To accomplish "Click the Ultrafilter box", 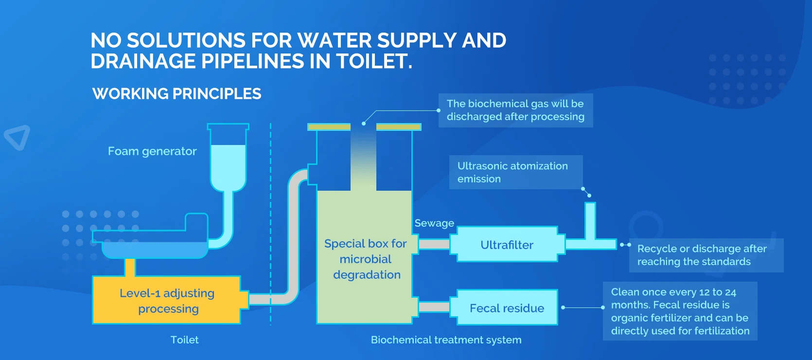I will click(x=507, y=245).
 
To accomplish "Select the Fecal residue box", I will click(x=507, y=308).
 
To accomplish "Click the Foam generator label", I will click(x=152, y=151).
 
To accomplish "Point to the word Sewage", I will click(x=434, y=223).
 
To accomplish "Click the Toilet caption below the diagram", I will click(x=184, y=340).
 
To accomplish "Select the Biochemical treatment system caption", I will click(x=446, y=340).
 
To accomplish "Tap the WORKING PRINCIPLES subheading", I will click(x=177, y=93).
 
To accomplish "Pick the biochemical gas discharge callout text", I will click(x=515, y=110).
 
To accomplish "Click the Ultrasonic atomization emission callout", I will click(x=512, y=172).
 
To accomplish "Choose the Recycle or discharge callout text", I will click(x=702, y=255).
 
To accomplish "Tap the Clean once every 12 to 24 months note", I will click(x=680, y=311).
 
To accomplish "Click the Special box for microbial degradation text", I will click(x=366, y=259).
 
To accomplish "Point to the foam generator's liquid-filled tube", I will click(x=228, y=165).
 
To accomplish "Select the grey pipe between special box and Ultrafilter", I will click(x=434, y=244).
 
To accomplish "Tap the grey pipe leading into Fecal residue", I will click(x=434, y=307).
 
